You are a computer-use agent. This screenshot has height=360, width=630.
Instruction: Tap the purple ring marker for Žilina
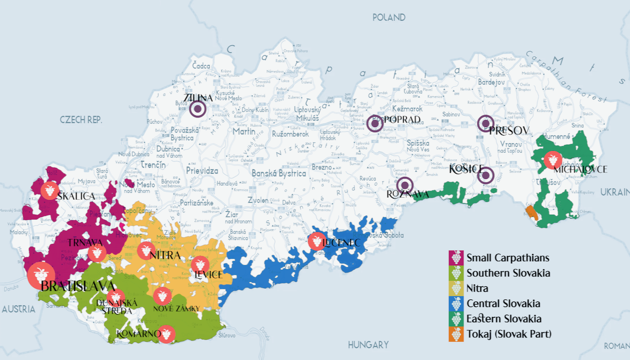click(x=198, y=109)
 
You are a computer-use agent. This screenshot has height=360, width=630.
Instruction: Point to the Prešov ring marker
click(x=485, y=123)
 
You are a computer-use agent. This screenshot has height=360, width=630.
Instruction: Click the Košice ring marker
click(x=486, y=175)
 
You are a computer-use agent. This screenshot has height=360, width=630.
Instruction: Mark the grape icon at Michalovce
click(x=552, y=160)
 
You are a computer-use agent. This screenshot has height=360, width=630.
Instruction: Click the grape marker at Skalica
click(x=49, y=190)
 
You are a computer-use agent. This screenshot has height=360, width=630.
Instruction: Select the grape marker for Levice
click(x=200, y=264)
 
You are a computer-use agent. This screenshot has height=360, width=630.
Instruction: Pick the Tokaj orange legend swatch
click(x=456, y=334)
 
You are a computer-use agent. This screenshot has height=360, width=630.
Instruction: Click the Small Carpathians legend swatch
click(x=456, y=258)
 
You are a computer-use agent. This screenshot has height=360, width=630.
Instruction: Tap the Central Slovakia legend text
click(x=503, y=304)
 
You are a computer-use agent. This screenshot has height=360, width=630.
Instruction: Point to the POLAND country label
click(x=389, y=18)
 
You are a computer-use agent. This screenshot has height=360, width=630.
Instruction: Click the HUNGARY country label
click(x=368, y=345)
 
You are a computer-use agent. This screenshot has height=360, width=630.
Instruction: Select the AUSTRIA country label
click(x=18, y=309)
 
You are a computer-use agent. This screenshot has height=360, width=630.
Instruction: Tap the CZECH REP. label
click(x=81, y=120)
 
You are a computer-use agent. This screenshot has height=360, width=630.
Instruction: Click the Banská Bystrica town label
click(x=279, y=173)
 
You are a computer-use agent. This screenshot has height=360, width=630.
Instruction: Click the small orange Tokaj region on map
click(x=530, y=212)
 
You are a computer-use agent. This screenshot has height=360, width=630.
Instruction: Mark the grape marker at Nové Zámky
click(x=162, y=295)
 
